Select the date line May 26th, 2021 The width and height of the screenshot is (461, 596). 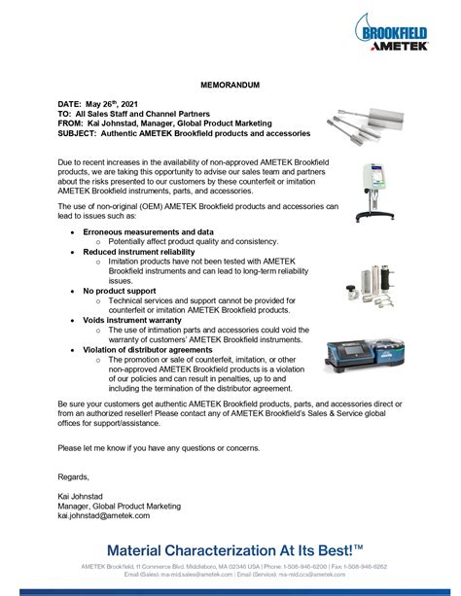click(x=101, y=103)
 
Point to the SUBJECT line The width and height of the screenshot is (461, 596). click(x=184, y=132)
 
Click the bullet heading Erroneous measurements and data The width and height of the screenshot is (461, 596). click(x=148, y=232)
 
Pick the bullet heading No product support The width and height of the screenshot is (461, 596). click(x=121, y=291)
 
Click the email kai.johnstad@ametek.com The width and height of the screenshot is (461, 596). click(x=109, y=515)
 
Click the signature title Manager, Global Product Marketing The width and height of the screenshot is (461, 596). click(x=120, y=506)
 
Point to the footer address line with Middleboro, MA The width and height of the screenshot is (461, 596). click(x=230, y=566)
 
